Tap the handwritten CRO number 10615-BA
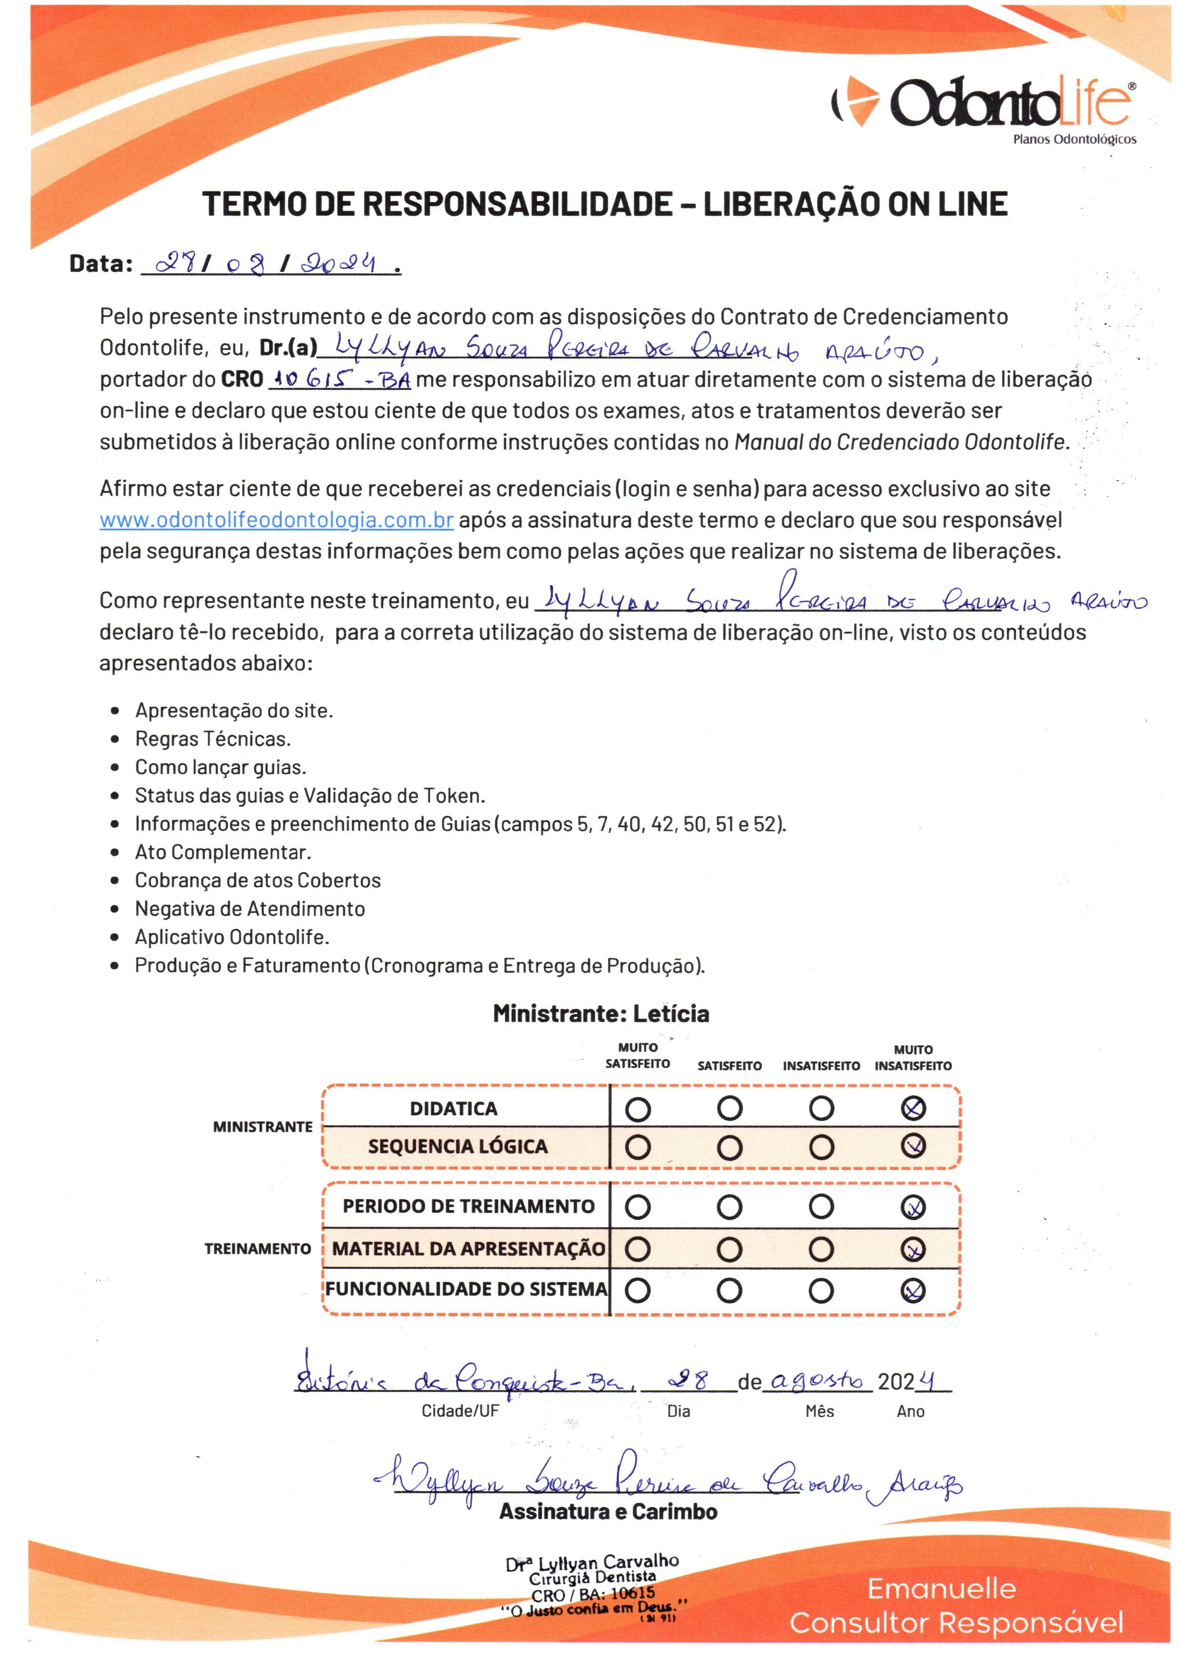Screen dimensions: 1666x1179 point(340,379)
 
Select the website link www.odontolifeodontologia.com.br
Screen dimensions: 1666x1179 point(277,520)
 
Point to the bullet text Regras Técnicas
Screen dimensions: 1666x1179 point(213,739)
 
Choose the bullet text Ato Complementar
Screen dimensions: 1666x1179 point(223,852)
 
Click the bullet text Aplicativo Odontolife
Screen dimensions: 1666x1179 point(232,937)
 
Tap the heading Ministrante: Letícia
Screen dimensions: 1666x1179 point(601,1013)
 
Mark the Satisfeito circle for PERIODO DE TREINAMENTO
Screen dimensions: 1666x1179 point(730,1207)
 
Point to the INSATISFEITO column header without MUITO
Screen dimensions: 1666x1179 point(821,1066)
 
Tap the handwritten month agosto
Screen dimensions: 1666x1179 point(817,1380)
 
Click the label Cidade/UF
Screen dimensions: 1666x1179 point(460,1412)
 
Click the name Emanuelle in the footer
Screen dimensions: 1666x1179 point(941,1589)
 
